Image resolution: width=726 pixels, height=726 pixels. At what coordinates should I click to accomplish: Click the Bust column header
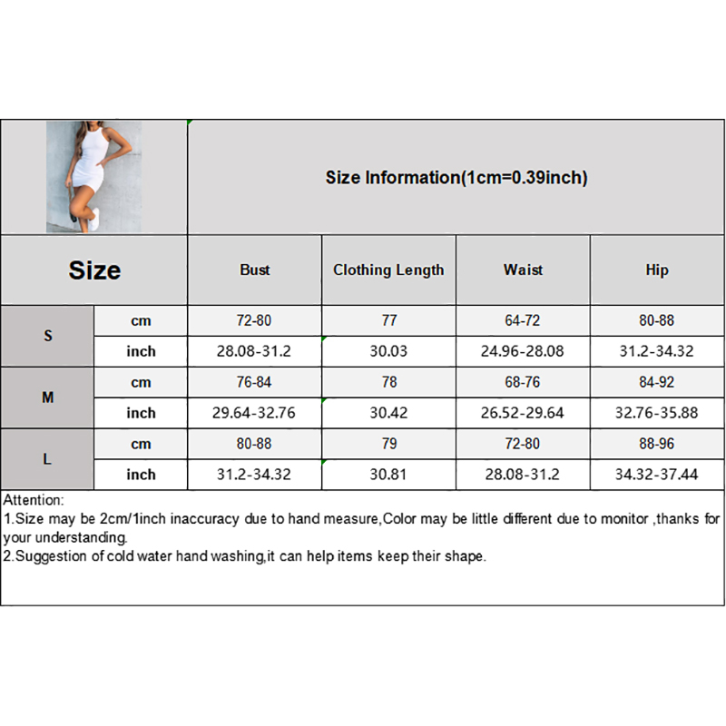[255, 270]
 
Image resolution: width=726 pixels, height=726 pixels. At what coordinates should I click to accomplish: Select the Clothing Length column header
[388, 270]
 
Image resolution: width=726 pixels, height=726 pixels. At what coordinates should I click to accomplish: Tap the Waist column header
[523, 270]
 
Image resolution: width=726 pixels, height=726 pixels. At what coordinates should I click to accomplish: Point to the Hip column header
[657, 270]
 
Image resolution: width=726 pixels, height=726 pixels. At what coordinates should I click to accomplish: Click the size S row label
[47, 336]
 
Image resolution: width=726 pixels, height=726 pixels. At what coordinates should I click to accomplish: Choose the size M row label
[47, 397]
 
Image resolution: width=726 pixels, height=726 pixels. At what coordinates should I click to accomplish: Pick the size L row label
[47, 459]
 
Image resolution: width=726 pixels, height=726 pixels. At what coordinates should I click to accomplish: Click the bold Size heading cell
[94, 270]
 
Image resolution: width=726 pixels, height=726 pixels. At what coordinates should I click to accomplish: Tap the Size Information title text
[456, 178]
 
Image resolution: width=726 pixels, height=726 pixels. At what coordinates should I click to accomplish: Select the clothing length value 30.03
[388, 351]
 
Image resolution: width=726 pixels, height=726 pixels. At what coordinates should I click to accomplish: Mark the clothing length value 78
[388, 382]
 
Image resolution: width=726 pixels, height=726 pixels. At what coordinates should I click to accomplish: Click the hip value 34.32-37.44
[657, 475]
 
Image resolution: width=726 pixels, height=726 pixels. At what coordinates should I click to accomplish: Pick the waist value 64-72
[523, 320]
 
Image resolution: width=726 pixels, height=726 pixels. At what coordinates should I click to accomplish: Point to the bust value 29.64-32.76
[255, 413]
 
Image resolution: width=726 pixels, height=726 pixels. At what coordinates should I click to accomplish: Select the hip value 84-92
[657, 382]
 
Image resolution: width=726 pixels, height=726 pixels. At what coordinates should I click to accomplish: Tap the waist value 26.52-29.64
[523, 413]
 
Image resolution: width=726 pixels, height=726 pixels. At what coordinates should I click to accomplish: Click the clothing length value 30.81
[388, 475]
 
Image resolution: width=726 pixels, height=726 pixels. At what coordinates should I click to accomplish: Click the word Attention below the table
[34, 500]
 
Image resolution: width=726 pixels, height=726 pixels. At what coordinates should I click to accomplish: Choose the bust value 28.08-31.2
[255, 351]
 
